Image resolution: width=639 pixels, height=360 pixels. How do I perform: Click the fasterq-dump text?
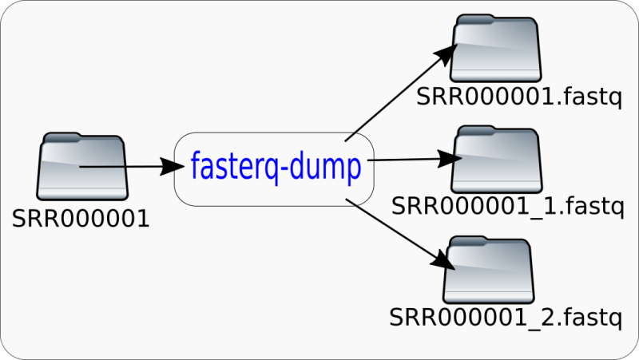(x=276, y=167)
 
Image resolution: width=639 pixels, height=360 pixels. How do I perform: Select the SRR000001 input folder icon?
(x=83, y=168)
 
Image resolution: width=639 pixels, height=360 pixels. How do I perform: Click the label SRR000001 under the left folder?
(x=81, y=218)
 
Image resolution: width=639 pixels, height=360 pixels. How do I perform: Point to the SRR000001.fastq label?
(x=506, y=100)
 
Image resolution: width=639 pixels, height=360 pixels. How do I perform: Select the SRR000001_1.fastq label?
(x=506, y=208)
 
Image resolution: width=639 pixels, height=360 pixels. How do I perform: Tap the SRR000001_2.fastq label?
(x=506, y=317)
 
